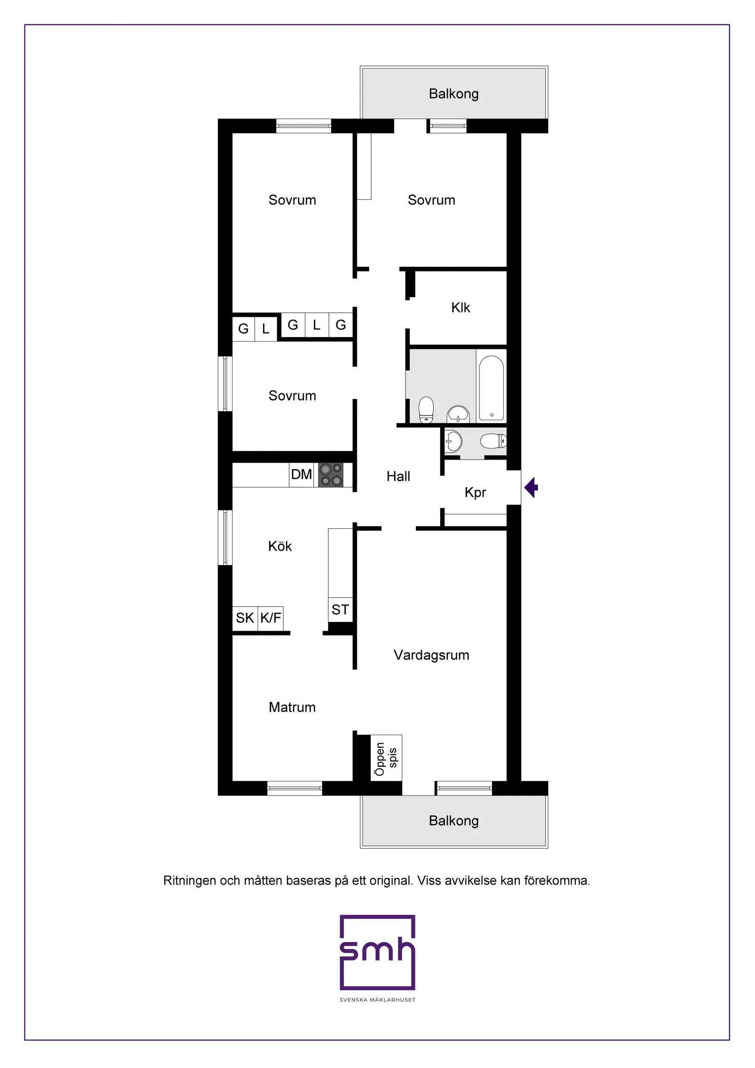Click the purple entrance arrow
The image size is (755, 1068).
[x=531, y=488]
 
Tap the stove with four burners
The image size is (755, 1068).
[x=331, y=474]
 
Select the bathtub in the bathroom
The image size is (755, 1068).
[x=491, y=388]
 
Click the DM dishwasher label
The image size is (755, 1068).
[x=301, y=474]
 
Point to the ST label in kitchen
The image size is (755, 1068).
[x=340, y=609]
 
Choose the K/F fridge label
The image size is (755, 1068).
[x=270, y=618]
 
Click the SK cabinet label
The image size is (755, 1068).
[x=245, y=618]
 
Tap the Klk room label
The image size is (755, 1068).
[x=461, y=308]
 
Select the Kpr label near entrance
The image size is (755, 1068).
[x=475, y=493]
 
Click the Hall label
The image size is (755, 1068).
[x=399, y=477]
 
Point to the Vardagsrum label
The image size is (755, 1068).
[x=431, y=655]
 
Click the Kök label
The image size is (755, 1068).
[x=280, y=546]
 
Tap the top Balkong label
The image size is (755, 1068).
[x=454, y=94]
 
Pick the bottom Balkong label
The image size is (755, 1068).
[x=454, y=820]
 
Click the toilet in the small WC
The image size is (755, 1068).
[x=493, y=440]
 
